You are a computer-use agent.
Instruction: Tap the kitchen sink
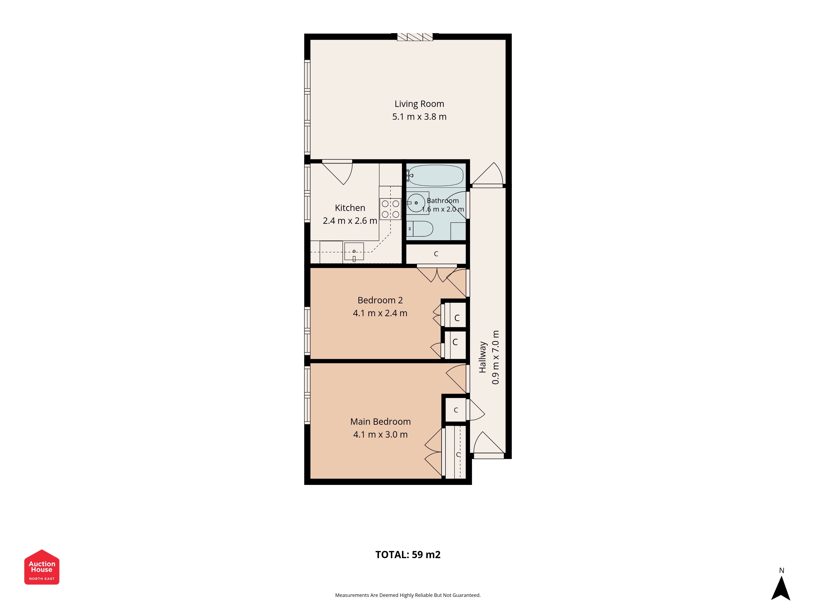[x=354, y=251]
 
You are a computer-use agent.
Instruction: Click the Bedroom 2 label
[x=380, y=300]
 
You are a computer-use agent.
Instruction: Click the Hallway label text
[x=482, y=357]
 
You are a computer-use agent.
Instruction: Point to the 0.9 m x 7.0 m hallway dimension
[x=496, y=357]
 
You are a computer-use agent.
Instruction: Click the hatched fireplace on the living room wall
[x=415, y=37]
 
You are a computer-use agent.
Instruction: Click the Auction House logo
[x=42, y=567]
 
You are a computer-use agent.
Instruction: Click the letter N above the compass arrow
[x=781, y=570]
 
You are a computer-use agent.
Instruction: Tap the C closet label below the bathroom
[x=436, y=254]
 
